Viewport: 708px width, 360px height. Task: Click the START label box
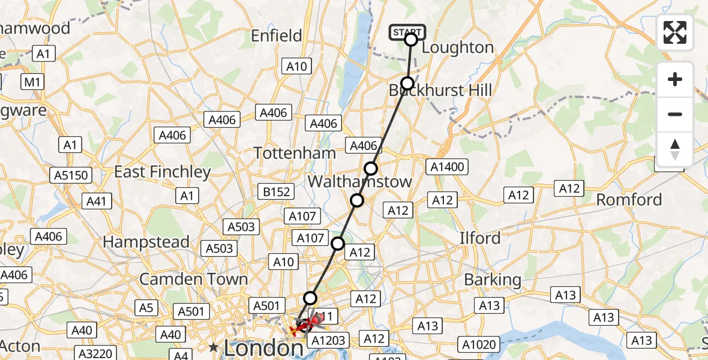407,32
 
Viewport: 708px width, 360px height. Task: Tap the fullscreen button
675,32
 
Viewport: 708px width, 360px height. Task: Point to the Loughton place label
458,47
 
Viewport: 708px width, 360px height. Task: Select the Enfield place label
277,36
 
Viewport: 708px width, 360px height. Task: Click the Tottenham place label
295,153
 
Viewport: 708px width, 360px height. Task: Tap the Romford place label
629,200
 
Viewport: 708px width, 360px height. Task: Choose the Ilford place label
479,238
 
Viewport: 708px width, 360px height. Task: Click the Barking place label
493,280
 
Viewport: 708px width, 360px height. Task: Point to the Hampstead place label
146,242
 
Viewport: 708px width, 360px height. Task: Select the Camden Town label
193,279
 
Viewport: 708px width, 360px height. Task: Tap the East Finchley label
163,172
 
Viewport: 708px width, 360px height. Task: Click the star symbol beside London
213,347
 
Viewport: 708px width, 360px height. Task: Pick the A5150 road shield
71,176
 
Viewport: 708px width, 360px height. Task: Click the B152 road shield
277,192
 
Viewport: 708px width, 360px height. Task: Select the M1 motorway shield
34,81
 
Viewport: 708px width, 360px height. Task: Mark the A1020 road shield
478,344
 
